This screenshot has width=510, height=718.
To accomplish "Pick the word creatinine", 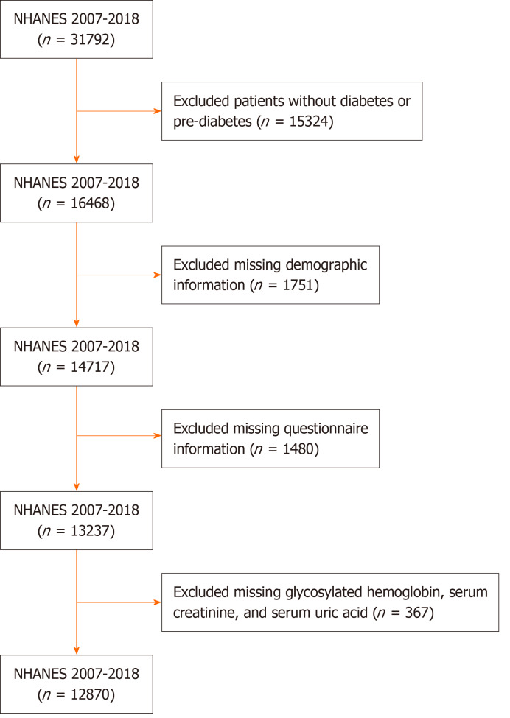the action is point(206,610).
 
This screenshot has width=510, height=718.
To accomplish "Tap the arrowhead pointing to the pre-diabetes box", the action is point(157,112).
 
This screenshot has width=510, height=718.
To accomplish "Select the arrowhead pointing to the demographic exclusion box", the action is point(157,275).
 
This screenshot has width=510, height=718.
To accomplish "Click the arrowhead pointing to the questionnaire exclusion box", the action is point(157,439).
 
